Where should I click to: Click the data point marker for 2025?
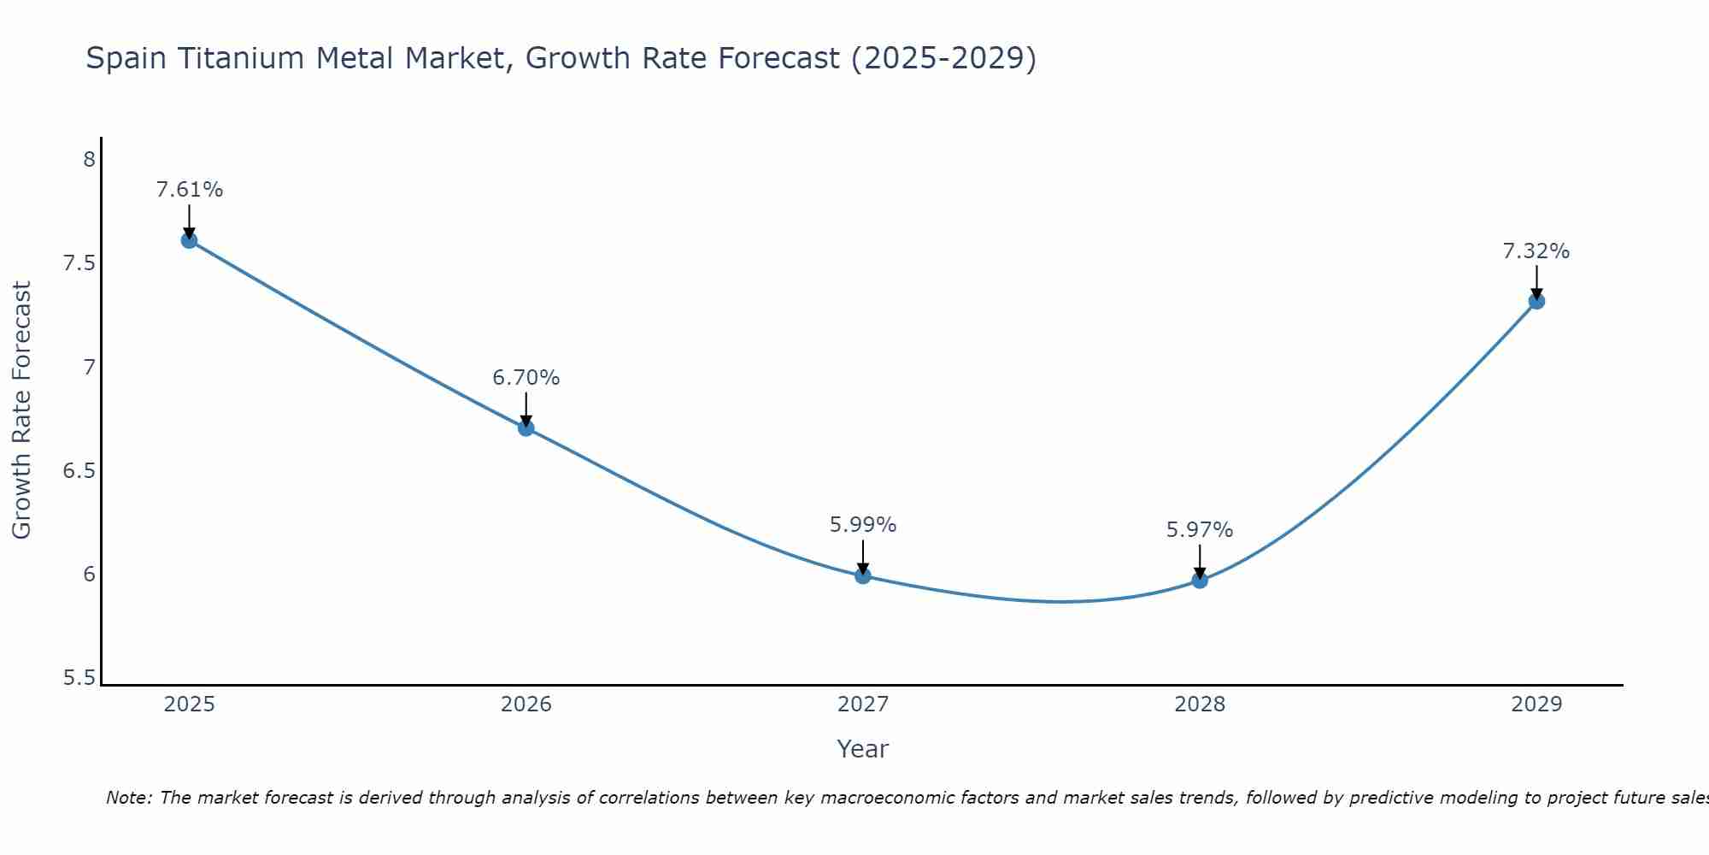[189, 240]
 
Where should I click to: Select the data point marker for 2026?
[526, 427]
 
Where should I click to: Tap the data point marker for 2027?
[863, 575]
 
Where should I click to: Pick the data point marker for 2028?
[1200, 580]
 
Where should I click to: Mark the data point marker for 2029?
[1536, 301]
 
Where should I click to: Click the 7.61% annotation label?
[189, 190]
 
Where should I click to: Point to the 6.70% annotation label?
[526, 378]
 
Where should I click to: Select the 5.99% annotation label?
[863, 525]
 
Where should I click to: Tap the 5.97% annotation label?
[1200, 530]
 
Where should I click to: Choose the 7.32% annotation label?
[1536, 251]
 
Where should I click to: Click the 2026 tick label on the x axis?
[526, 705]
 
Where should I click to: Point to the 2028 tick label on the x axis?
[1200, 705]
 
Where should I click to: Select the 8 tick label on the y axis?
[89, 160]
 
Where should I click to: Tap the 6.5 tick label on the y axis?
[79, 471]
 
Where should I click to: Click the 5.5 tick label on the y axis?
[79, 679]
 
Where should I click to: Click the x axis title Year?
[863, 749]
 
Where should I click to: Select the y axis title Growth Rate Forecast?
[21, 410]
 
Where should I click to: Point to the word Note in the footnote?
[128, 798]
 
